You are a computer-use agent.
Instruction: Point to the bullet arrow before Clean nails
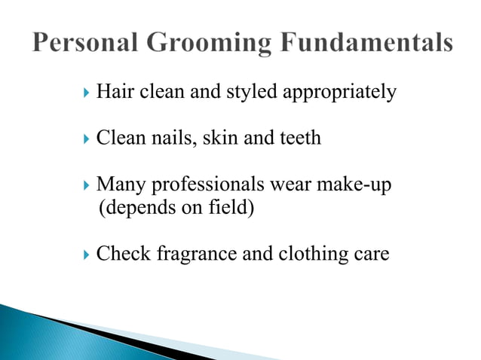(x=85, y=139)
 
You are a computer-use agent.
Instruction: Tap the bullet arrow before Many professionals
(x=85, y=185)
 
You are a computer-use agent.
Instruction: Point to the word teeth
(x=299, y=139)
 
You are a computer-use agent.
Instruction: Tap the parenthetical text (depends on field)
(x=177, y=207)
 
